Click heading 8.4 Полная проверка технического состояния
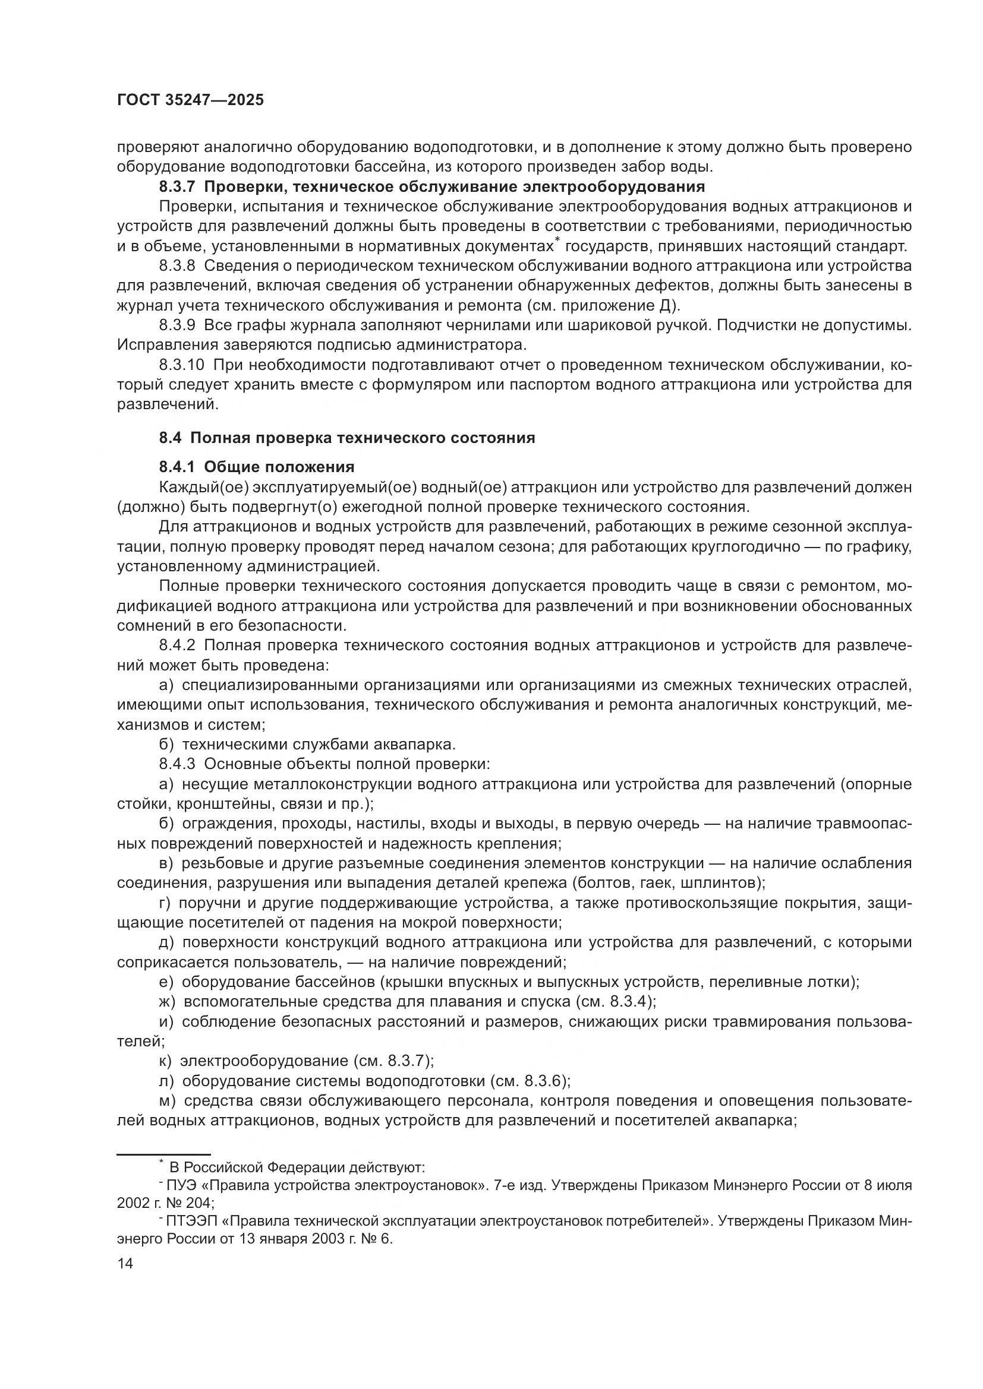(x=347, y=438)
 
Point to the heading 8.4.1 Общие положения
(x=257, y=467)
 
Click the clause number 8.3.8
(x=177, y=265)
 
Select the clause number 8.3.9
(x=177, y=325)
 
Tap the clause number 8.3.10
(x=182, y=365)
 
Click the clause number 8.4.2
(x=177, y=646)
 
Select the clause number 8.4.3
(x=177, y=764)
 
